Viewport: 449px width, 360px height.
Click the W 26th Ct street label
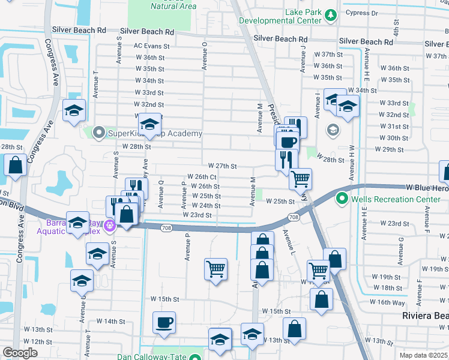[x=202, y=176]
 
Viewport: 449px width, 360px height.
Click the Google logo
[x=20, y=353]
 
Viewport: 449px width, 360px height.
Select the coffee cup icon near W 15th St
[x=164, y=323]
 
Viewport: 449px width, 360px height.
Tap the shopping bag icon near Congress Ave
[x=15, y=165]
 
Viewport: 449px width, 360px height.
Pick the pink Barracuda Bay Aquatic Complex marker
[x=109, y=226]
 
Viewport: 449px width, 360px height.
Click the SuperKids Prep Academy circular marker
[x=98, y=131]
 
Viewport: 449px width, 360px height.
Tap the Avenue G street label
[x=401, y=247]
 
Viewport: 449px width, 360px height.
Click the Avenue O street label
[x=205, y=56]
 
